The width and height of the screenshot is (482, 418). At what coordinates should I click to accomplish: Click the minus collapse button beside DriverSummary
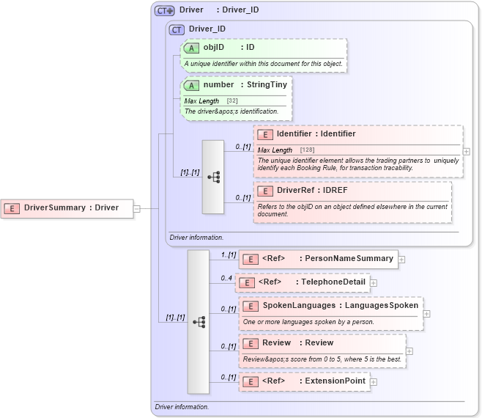(137, 208)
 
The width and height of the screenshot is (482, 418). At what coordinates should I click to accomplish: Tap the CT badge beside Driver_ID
(177, 30)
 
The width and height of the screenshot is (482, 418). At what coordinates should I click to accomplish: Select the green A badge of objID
(191, 48)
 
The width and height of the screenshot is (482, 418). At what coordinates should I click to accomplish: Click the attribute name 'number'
(218, 85)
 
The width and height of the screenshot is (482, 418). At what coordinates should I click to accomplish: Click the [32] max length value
(232, 100)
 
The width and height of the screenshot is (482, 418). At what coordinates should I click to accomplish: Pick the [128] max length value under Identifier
(307, 150)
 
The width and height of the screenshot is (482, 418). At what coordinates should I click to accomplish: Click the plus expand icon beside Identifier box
(467, 152)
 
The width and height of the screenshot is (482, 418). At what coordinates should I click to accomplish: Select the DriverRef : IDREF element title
(311, 190)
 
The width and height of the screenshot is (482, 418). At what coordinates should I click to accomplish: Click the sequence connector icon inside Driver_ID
(213, 177)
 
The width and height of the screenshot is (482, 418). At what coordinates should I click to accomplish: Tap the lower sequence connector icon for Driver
(199, 322)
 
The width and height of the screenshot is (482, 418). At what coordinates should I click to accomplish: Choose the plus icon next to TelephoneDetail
(374, 282)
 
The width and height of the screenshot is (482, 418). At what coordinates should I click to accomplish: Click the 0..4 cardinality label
(226, 278)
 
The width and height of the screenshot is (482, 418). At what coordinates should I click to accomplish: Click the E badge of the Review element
(251, 343)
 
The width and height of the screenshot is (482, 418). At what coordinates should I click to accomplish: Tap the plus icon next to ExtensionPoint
(374, 381)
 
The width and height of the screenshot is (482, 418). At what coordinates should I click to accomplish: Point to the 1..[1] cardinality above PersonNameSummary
(228, 254)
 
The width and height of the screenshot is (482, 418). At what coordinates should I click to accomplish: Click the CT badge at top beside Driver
(164, 11)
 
